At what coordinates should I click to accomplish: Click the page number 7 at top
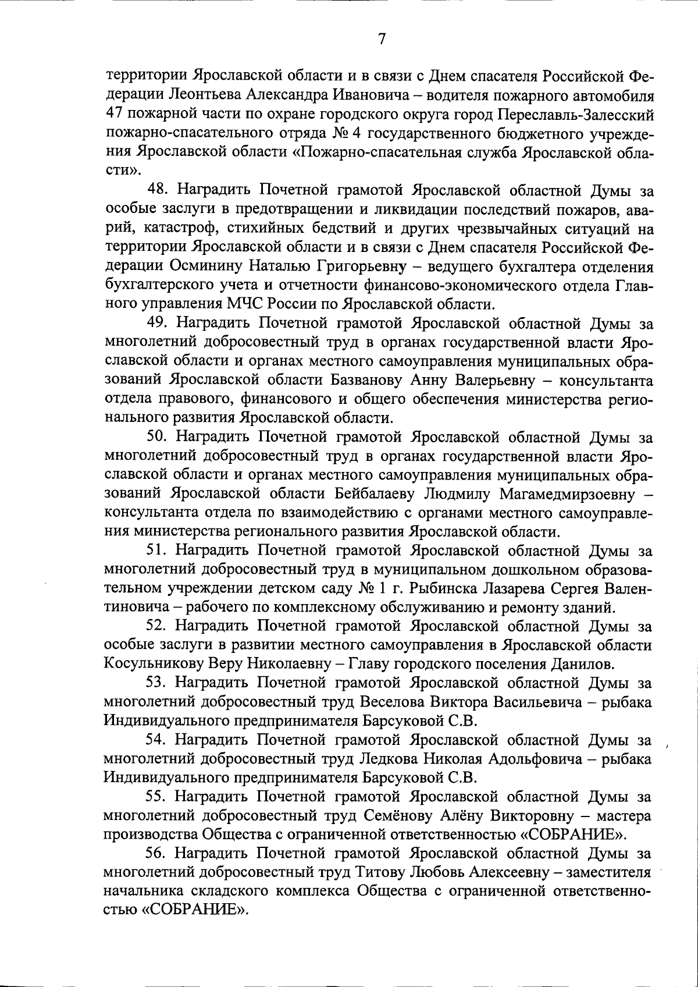(x=382, y=40)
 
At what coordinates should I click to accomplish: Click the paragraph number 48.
(x=157, y=190)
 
